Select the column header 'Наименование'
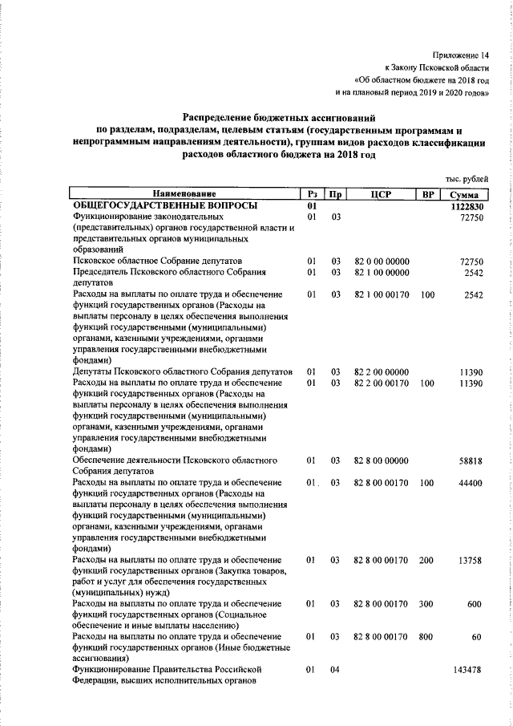185,195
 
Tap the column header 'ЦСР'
382,195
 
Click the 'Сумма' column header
464,195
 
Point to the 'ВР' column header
426,195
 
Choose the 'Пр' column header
337,195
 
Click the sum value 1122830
464,206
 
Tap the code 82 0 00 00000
382,262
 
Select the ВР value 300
426,604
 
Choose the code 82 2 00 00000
382,372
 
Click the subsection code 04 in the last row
336,669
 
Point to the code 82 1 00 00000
382,273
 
